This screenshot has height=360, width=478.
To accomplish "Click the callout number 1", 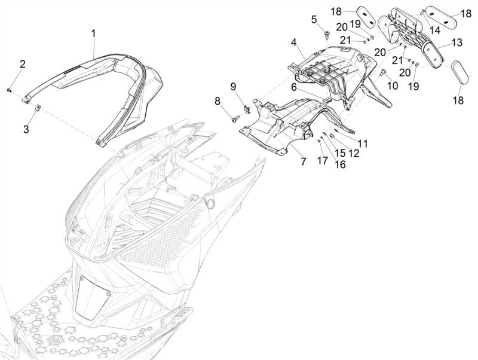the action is (x=94, y=33).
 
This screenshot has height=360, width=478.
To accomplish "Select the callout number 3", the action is (x=26, y=129).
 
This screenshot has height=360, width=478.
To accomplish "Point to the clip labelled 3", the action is (x=38, y=108).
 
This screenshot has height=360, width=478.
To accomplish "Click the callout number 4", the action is (x=293, y=42).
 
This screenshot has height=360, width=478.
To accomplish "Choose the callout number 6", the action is (x=294, y=87).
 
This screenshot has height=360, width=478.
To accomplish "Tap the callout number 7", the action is (x=304, y=161).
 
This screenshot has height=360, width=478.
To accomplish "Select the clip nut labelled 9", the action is (x=247, y=109).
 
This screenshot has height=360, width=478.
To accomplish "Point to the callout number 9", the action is (x=233, y=87).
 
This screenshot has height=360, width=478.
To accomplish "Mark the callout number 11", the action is (x=363, y=143).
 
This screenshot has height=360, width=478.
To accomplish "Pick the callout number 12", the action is (x=354, y=153).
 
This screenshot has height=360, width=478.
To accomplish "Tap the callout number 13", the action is (x=457, y=42).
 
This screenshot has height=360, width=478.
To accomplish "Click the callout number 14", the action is (x=435, y=30).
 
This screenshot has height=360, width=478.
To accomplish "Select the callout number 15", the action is (x=340, y=153).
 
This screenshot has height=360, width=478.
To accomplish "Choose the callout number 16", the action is (x=340, y=164).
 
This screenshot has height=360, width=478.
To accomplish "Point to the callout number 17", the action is (x=323, y=160).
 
